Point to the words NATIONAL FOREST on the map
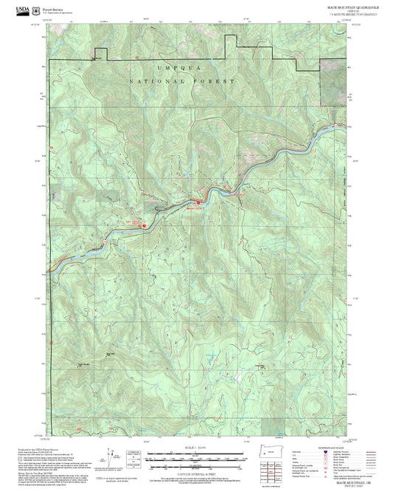click(181, 81)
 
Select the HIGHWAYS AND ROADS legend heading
click(346, 448)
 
